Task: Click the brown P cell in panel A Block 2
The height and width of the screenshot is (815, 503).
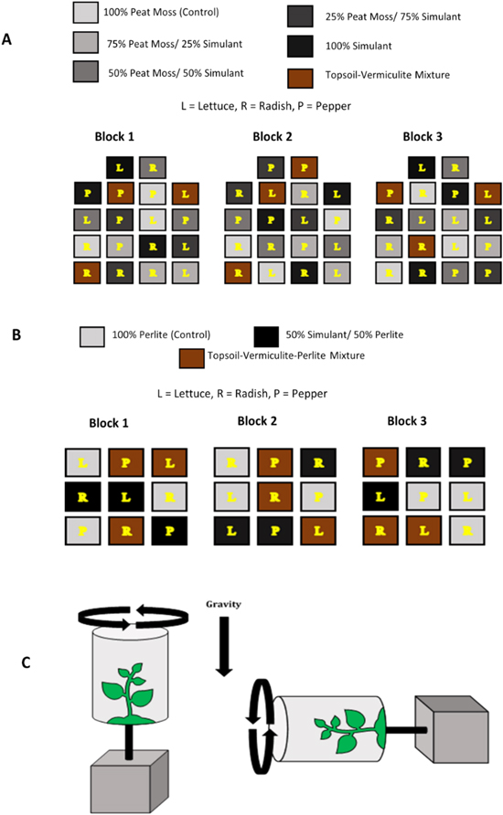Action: click(304, 166)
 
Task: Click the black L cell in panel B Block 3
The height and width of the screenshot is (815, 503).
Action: click(379, 497)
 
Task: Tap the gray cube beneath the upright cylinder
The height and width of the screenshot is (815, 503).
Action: click(127, 782)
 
